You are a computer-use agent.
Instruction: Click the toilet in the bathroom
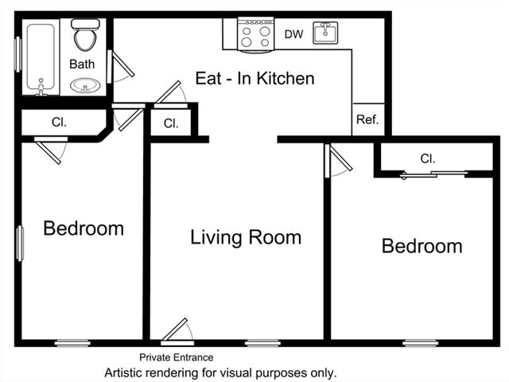click(x=84, y=35)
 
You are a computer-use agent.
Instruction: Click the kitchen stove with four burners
click(x=256, y=34)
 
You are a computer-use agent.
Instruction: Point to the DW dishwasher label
click(x=293, y=34)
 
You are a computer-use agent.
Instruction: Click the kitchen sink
click(x=325, y=33)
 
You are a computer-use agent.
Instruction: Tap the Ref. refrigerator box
click(x=367, y=120)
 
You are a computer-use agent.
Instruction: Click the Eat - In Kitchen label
click(x=254, y=78)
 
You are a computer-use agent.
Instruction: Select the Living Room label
click(x=246, y=236)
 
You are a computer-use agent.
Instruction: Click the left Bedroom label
click(x=84, y=228)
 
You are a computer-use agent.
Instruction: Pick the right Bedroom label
click(x=422, y=245)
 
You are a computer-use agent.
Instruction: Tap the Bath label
click(x=82, y=64)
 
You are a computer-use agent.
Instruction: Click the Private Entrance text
click(x=176, y=357)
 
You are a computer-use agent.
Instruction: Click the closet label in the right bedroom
click(x=428, y=158)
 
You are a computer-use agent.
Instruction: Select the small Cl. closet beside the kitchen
click(x=171, y=123)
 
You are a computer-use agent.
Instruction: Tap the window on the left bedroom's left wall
click(x=20, y=244)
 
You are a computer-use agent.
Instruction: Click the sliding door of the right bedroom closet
click(x=433, y=173)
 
